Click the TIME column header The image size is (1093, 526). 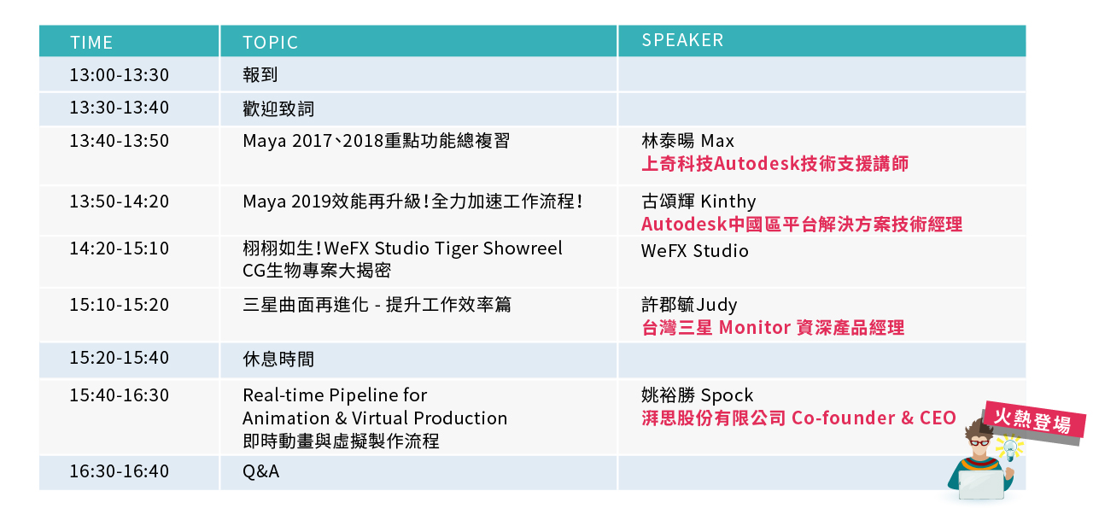(x=91, y=43)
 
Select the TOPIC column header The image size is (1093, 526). (x=271, y=43)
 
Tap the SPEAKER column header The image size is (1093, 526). (x=682, y=40)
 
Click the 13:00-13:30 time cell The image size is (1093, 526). (x=119, y=74)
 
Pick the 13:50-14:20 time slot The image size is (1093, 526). (x=119, y=201)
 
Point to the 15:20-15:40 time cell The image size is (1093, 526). (x=119, y=358)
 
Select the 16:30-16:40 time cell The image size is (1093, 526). (x=119, y=470)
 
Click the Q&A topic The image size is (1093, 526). (x=261, y=471)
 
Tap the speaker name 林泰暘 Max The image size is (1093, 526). (x=687, y=141)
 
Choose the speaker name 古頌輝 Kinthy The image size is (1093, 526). (x=698, y=201)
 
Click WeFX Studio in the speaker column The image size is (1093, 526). (x=694, y=251)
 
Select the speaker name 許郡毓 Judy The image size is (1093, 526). (x=689, y=305)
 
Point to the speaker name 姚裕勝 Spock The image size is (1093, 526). (x=698, y=394)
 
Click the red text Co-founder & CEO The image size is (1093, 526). (x=874, y=418)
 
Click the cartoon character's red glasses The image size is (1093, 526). (x=979, y=442)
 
